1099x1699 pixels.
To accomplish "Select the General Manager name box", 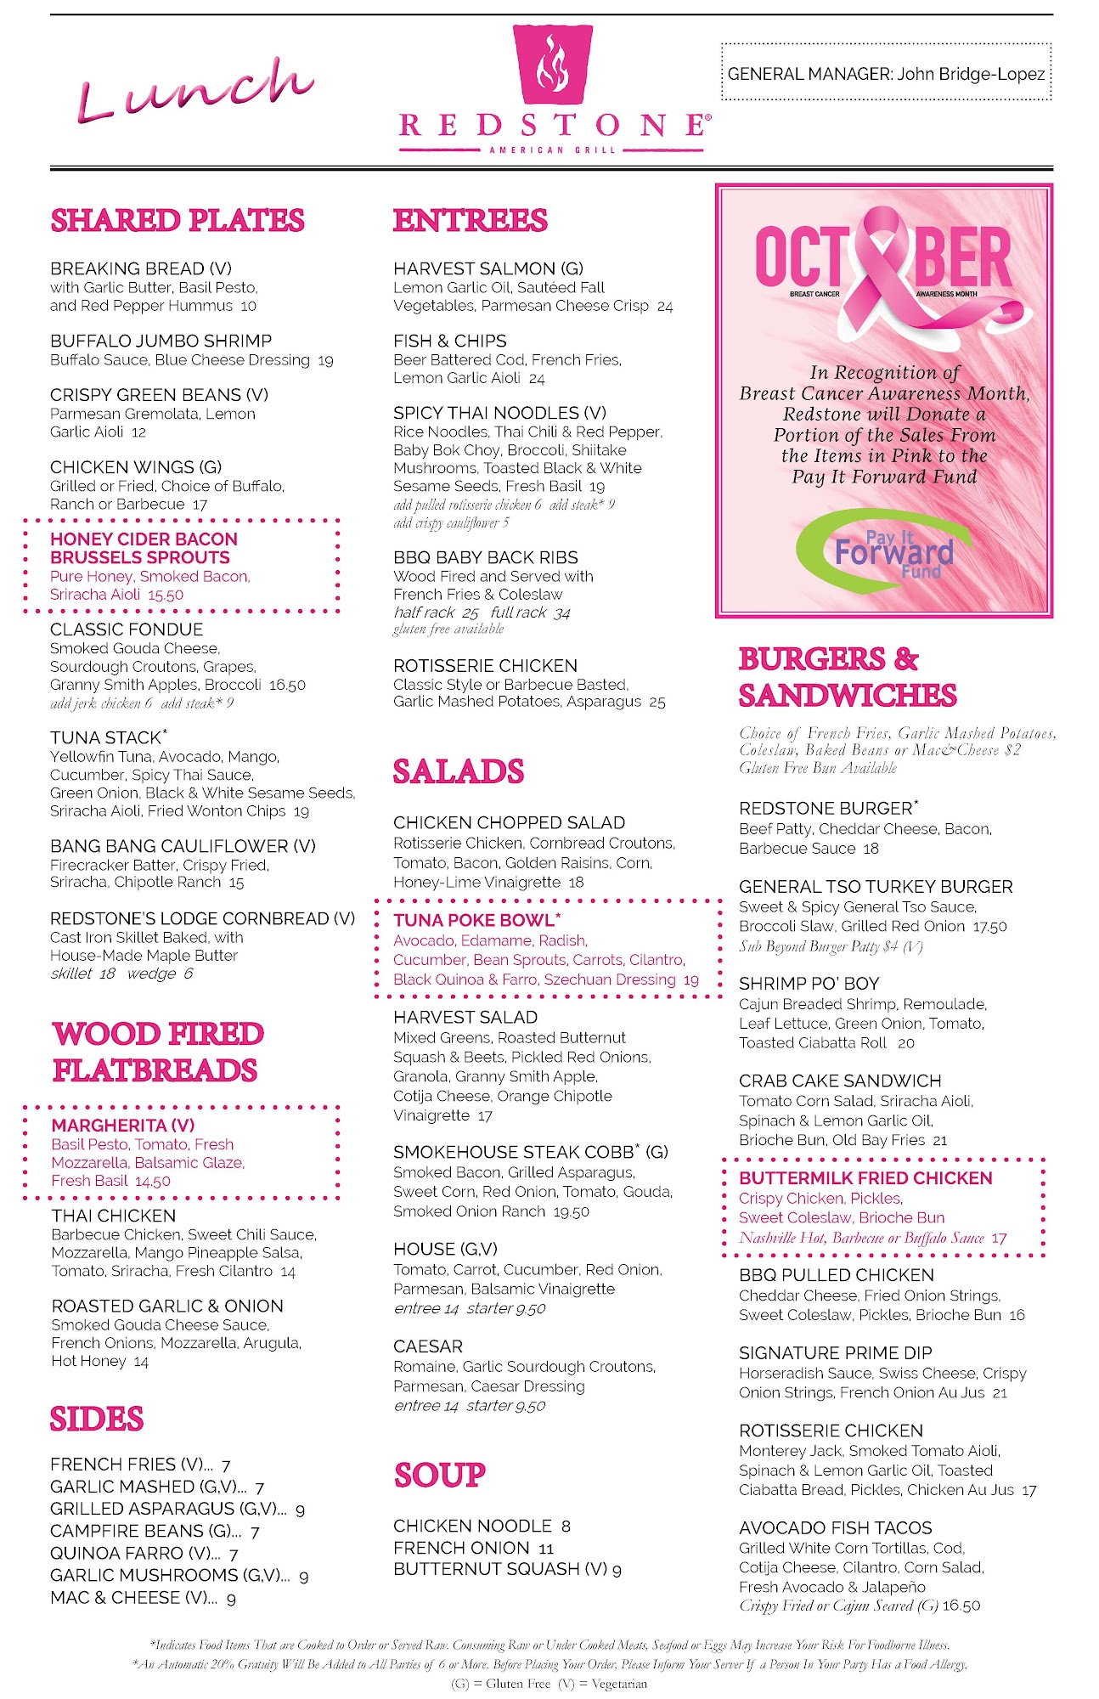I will click(886, 74).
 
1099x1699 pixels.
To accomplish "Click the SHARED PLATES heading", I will click(178, 221).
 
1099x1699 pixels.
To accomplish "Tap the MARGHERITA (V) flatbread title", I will click(123, 1125).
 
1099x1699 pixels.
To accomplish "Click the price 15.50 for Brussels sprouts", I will click(166, 595).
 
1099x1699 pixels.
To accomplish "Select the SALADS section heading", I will click(459, 771).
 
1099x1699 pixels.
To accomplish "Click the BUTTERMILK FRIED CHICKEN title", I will click(865, 1178).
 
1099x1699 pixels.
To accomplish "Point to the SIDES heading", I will click(97, 1419).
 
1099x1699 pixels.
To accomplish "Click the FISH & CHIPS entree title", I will click(450, 341).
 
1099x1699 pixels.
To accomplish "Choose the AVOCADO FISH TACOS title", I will click(836, 1527).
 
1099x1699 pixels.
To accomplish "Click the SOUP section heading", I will click(440, 1475).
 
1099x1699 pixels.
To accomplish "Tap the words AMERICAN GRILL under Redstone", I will click(552, 150).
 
